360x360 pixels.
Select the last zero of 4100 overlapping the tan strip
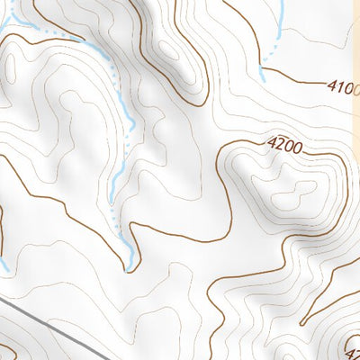click(357, 91)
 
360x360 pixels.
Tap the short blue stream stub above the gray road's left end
click(4, 266)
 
